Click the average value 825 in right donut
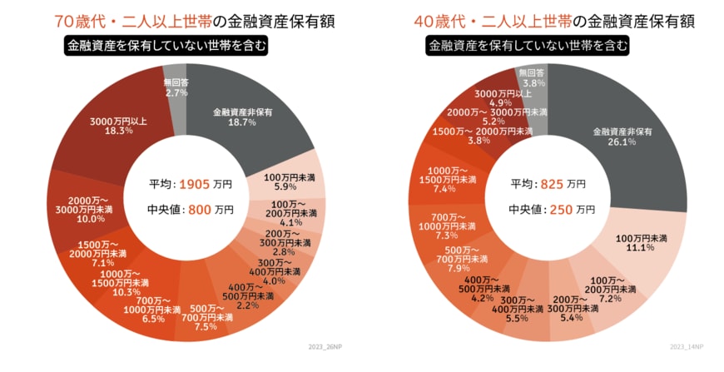pos(552,183)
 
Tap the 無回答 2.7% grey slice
pos(176,87)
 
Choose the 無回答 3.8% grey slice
pos(533,79)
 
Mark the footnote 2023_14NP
pos(687,345)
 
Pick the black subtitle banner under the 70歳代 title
pos(167,47)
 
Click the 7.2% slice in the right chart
pos(612,289)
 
